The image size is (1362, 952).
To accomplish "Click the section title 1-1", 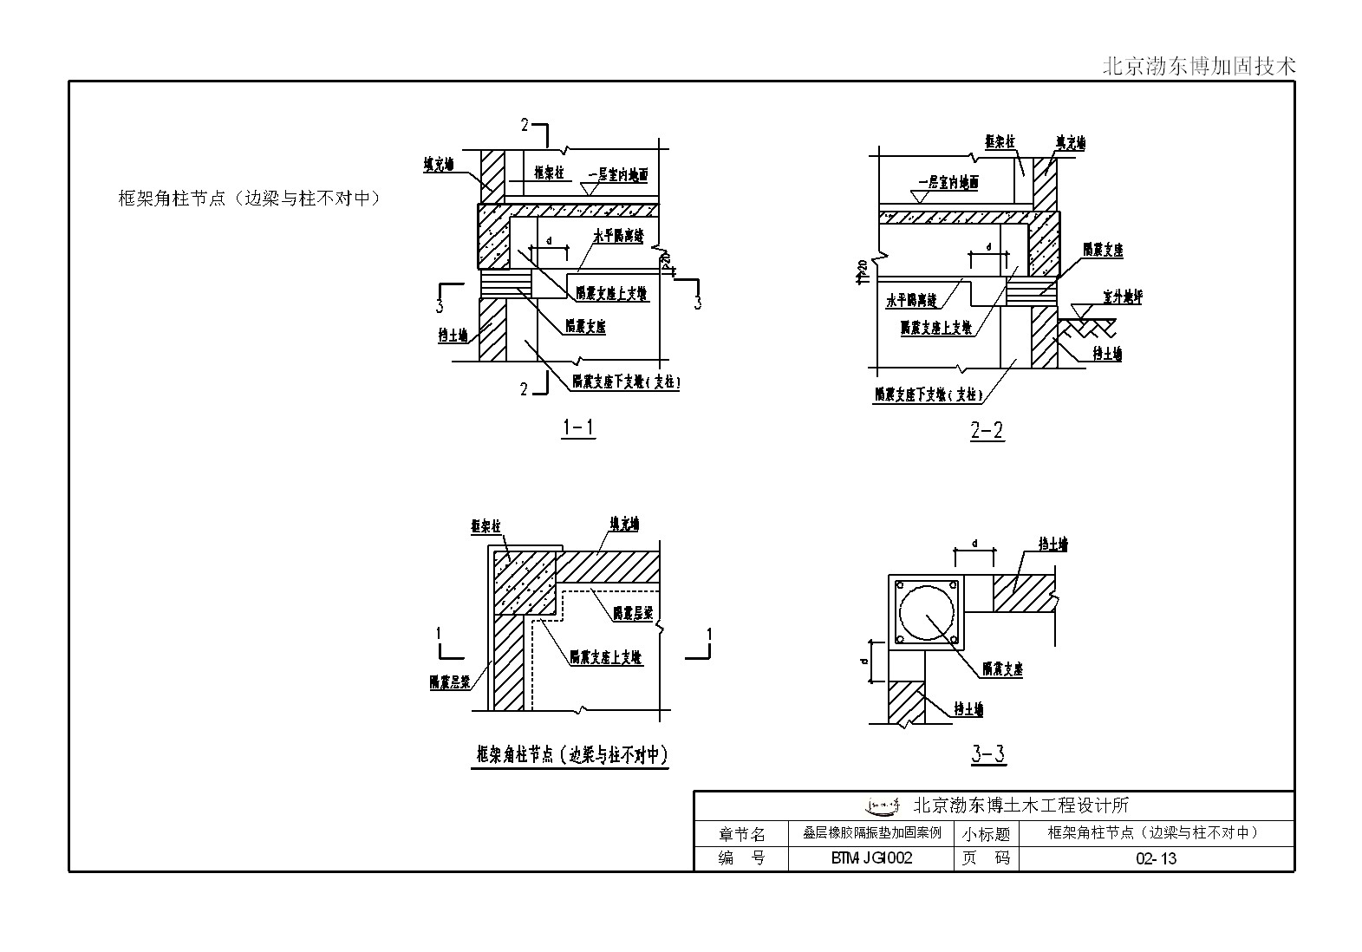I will coord(578,427).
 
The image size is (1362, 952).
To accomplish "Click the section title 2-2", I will coord(987,430).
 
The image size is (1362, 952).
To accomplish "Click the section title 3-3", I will coord(987,754).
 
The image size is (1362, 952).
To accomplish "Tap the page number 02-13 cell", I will coord(1156,858).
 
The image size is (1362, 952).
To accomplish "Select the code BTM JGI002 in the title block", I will coord(871,858).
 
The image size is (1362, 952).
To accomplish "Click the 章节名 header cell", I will coord(741,834).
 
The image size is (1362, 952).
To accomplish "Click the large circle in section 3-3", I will coord(927,612).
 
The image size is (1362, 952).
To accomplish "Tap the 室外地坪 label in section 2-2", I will coord(1122,297).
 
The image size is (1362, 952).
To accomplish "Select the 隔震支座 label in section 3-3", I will coord(1002,669).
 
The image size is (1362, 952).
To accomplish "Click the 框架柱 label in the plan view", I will coord(486,526).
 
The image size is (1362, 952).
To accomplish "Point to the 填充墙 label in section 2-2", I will coord(1070,142).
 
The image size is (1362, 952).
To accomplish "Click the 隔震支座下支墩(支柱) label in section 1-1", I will coord(625,381).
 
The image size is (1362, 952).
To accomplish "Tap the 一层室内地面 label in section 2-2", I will coord(948,183).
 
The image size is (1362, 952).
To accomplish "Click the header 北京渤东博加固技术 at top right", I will coord(1199,66).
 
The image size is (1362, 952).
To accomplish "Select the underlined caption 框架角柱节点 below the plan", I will coord(572,755).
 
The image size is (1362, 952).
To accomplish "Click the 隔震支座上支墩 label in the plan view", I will coord(606,657).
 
